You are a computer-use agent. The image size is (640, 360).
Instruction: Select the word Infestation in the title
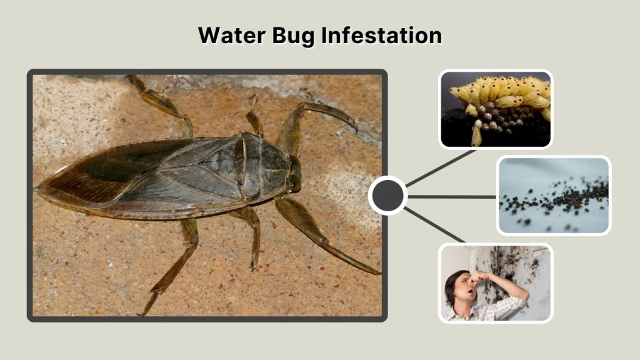(381, 35)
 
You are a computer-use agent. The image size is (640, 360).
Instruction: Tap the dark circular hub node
(387, 196)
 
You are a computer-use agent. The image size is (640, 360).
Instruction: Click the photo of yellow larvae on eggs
(496, 109)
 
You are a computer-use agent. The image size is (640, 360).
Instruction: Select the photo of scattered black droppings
(554, 195)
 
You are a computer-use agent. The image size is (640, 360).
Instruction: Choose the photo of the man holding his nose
(496, 283)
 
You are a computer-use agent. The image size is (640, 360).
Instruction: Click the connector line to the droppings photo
(451, 196)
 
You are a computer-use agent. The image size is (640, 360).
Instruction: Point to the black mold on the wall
(519, 266)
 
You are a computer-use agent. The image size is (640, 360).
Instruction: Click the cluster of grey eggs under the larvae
(500, 119)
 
